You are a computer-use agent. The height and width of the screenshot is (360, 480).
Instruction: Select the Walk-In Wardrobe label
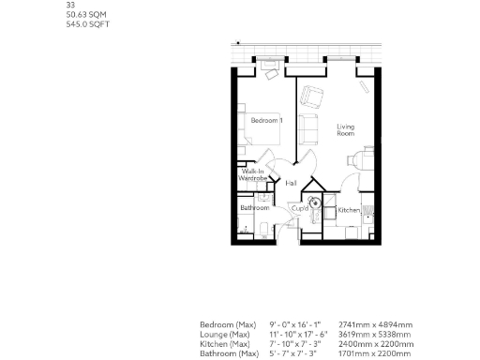253,175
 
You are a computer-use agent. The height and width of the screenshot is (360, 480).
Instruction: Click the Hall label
292,183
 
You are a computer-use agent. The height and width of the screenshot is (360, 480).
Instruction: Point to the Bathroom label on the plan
254,207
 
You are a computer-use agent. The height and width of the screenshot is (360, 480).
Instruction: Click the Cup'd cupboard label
300,208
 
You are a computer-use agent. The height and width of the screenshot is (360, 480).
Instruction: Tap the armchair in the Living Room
311,96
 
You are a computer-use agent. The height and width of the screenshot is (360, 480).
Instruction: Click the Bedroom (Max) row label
228,325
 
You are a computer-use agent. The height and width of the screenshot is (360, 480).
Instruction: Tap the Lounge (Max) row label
226,335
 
